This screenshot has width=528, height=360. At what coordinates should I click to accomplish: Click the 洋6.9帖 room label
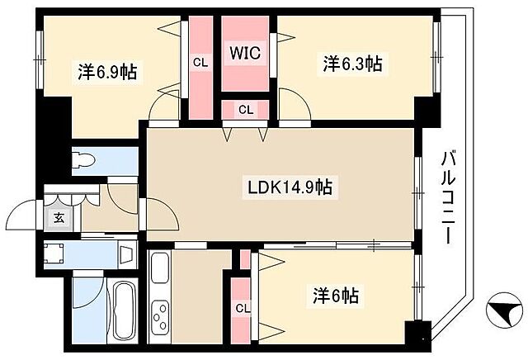pos(107,71)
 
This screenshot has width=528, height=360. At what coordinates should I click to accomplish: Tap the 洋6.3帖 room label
pos(351,63)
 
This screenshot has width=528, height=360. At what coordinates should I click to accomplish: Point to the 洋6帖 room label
pos(335,295)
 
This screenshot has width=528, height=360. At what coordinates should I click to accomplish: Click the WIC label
pos(244,54)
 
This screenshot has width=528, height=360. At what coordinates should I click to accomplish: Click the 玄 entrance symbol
pos(60,219)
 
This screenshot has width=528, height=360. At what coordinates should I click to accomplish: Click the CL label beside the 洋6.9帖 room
pos(200,62)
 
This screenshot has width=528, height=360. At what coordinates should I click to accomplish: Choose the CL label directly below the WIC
pos(245,109)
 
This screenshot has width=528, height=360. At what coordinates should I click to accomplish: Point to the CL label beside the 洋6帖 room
pos(242,309)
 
